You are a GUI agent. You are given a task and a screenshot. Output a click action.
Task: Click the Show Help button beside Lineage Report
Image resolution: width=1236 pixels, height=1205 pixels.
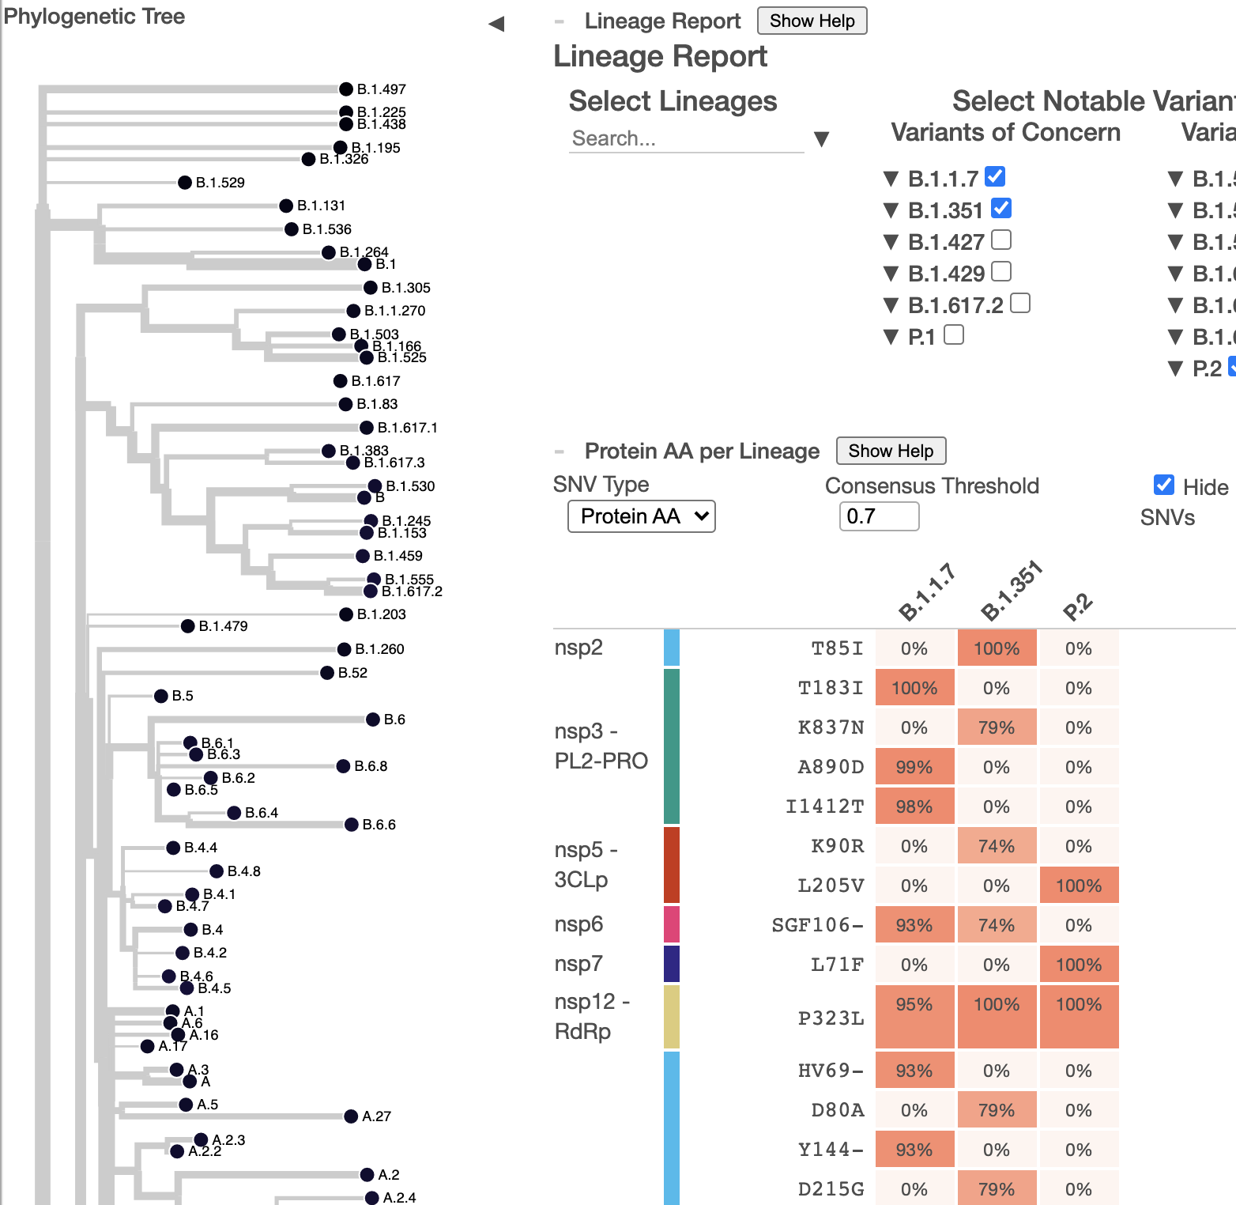(x=812, y=21)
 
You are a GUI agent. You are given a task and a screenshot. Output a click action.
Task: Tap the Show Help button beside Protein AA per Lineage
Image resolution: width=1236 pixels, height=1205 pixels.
(x=891, y=451)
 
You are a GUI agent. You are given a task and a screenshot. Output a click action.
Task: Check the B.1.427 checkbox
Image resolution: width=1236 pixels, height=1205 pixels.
(x=1001, y=240)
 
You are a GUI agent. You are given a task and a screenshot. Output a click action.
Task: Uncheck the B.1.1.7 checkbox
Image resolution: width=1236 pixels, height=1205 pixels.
(x=995, y=176)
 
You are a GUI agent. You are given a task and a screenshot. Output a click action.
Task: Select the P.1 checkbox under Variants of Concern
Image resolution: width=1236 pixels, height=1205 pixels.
(x=954, y=335)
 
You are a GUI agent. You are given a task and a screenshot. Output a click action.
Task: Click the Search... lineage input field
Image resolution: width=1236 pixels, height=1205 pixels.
(x=685, y=139)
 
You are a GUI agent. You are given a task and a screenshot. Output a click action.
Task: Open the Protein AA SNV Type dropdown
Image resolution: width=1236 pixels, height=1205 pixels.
(x=641, y=516)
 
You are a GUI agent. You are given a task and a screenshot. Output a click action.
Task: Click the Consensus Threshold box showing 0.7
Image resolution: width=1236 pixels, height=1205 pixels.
(x=879, y=516)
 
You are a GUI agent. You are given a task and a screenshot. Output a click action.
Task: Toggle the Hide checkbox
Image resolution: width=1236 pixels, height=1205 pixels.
(x=1163, y=485)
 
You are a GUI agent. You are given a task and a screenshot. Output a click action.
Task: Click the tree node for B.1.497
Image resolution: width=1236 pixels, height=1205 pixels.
(x=346, y=89)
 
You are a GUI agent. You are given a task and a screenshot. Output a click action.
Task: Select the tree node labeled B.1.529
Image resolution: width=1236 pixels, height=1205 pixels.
(x=185, y=183)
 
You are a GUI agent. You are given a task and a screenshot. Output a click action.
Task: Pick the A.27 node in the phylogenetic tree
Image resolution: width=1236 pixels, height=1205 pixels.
(x=351, y=1116)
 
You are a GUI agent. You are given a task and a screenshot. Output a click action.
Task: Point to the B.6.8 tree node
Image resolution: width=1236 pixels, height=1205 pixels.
(x=343, y=766)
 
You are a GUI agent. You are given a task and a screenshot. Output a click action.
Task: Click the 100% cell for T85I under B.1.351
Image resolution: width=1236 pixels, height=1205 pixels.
(x=997, y=648)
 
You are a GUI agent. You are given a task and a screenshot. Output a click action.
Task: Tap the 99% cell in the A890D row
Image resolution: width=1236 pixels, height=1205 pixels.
(x=914, y=767)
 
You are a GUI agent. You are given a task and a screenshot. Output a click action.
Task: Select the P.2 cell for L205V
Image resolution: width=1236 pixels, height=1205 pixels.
(x=1079, y=886)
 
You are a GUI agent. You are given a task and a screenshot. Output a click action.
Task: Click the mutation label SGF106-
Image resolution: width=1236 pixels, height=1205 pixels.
(x=818, y=925)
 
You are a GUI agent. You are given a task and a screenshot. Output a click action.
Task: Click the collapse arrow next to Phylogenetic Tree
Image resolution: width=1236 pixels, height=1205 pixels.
(x=496, y=24)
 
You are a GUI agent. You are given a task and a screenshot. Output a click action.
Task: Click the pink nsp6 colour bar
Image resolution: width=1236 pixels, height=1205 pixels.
(x=672, y=924)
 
